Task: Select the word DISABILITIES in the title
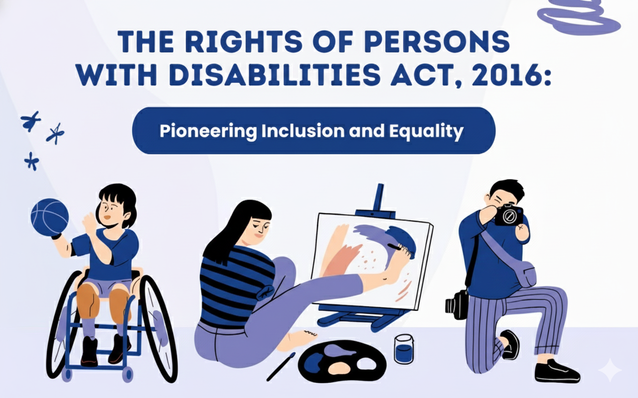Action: [x=275, y=75]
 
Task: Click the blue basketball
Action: [x=50, y=217]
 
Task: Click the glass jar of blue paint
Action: [x=404, y=349]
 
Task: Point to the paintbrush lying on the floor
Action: [x=281, y=367]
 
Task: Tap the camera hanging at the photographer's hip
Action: [x=457, y=304]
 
